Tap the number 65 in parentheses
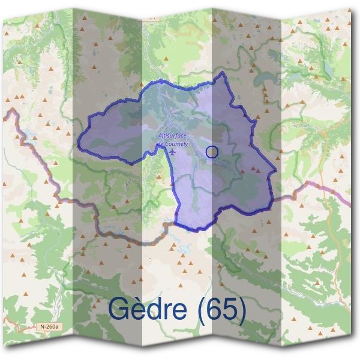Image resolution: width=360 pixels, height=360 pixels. [223, 310]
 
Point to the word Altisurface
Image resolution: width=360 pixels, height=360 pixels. [170, 136]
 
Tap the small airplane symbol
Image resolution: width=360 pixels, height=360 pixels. [173, 151]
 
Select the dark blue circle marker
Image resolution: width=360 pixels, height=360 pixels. [211, 152]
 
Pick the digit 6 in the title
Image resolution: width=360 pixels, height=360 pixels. [215, 310]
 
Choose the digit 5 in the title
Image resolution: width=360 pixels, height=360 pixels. [231, 310]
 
